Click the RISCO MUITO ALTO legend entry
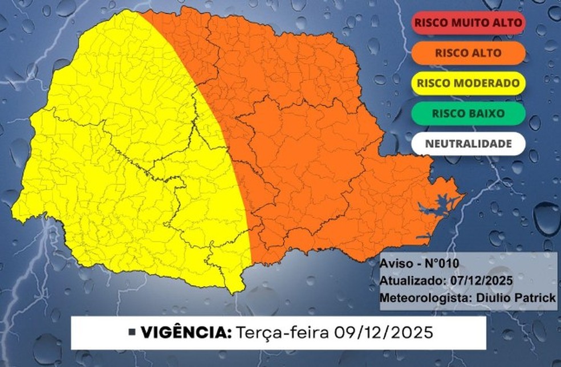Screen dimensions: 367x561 (467, 23)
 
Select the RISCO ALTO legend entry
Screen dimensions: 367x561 (467, 53)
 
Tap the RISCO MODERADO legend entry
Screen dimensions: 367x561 (467, 83)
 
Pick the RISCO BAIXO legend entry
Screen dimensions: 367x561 (467, 113)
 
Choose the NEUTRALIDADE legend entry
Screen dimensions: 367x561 (467, 144)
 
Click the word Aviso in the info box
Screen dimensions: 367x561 (394, 265)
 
